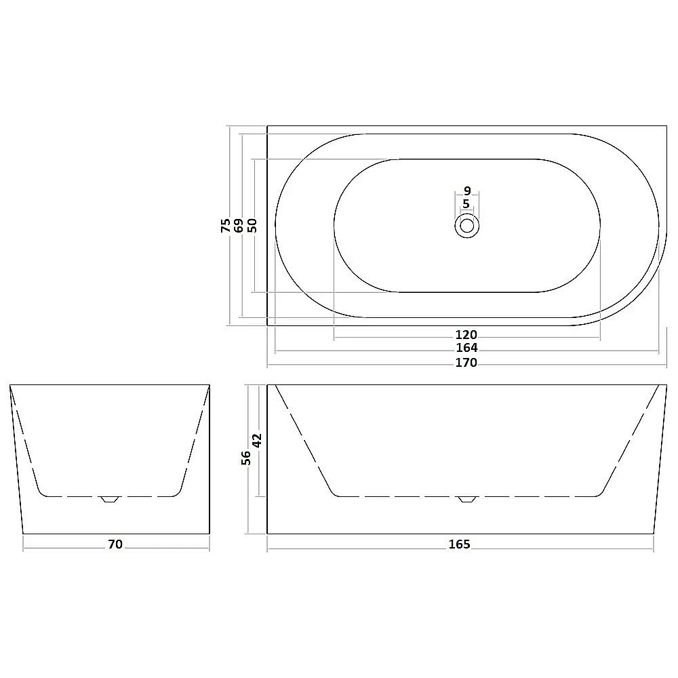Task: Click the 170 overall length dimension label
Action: [466, 363]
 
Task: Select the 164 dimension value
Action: [466, 348]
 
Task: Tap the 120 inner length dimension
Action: [466, 334]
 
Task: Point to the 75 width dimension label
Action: [226, 225]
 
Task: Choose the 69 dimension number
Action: [239, 225]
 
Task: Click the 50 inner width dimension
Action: [252, 225]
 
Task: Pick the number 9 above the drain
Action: [466, 191]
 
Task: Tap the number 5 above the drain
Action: [466, 204]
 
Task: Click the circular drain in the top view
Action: [466, 226]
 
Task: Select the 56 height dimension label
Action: [247, 458]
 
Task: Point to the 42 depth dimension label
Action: [257, 441]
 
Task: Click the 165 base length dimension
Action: [459, 544]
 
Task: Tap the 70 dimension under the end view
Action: [115, 544]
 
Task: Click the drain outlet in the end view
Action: [109, 499]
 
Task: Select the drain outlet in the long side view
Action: [467, 499]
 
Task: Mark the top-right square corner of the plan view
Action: [667, 126]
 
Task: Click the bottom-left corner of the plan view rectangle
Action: [267, 325]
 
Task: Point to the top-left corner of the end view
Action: [10, 385]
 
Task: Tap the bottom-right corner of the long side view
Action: [654, 534]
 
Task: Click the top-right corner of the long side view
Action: [667, 385]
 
